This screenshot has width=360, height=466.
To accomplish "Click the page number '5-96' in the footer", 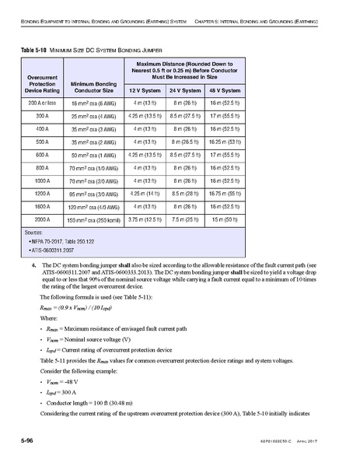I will [26, 440].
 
